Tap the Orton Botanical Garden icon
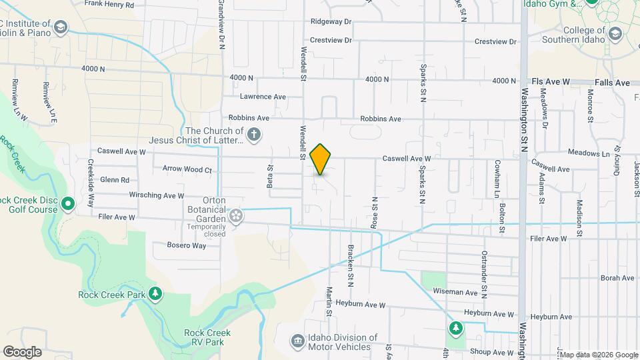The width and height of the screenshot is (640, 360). point(235,215)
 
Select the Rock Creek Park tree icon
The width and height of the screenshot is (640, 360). point(155,294)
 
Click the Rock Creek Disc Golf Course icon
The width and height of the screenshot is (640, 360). point(67,203)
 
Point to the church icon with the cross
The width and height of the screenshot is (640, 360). point(253,135)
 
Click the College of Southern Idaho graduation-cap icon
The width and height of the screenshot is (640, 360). point(615,33)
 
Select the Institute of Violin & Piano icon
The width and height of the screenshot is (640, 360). point(61,27)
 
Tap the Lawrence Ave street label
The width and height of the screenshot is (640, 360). point(263,97)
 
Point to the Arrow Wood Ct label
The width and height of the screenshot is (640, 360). point(187,169)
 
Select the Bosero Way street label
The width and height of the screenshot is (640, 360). point(189,245)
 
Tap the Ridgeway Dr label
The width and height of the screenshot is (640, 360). point(331,21)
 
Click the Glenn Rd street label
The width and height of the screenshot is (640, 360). point(115,180)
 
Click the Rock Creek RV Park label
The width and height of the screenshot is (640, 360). point(207,337)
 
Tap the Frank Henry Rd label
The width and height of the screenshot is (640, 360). point(109,4)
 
